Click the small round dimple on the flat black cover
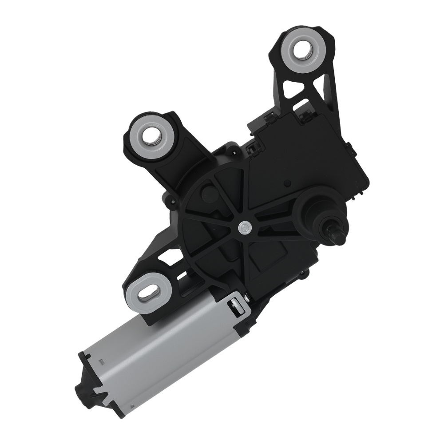tap(289, 182)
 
